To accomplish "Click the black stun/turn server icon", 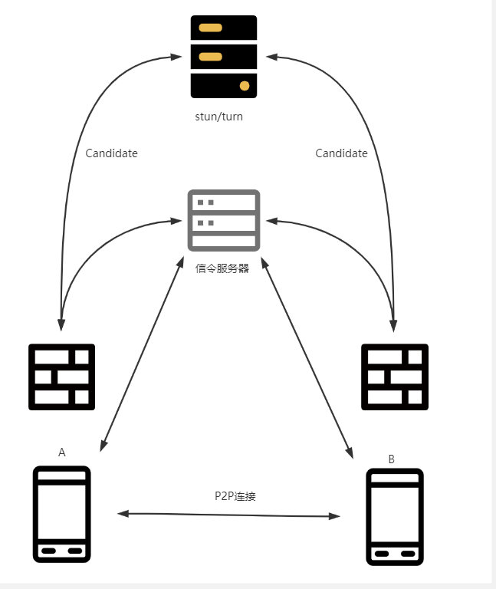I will click(x=224, y=57).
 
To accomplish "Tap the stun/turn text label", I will click(x=219, y=117).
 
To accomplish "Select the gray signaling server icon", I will click(x=224, y=220).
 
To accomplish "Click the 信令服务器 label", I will click(x=223, y=268).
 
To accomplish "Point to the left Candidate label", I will click(x=111, y=153).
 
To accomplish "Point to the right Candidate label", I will click(x=341, y=153).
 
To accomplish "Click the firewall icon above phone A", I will click(x=61, y=377).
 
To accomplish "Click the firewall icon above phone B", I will click(x=394, y=377).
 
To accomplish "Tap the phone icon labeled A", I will click(x=61, y=514).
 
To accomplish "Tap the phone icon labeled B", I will click(x=394, y=517).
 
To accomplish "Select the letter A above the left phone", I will click(x=62, y=452).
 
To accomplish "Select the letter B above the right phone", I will click(x=392, y=459).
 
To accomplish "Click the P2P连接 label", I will click(x=235, y=496).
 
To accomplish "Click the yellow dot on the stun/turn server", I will click(x=245, y=85).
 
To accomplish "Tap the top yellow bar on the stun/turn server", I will click(x=210, y=28).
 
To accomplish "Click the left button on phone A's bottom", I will click(x=48, y=550).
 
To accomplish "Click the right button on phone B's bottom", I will click(x=408, y=553).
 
